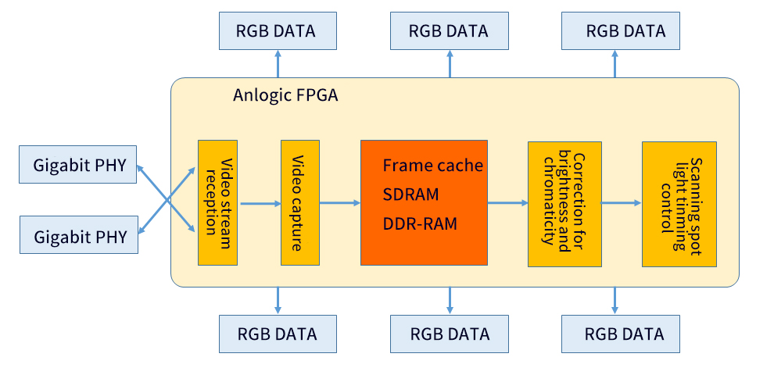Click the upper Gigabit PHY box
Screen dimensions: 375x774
click(x=78, y=166)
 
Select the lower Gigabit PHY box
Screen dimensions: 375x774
click(x=78, y=236)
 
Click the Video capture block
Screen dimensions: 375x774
click(x=299, y=202)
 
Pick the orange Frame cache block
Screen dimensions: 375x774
click(x=424, y=202)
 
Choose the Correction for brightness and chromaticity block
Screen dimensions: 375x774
click(x=564, y=203)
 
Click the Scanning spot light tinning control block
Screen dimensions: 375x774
click(x=679, y=203)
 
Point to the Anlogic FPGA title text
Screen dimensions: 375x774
click(x=285, y=95)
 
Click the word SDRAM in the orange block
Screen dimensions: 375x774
click(x=410, y=194)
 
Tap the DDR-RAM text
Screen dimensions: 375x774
click(x=420, y=223)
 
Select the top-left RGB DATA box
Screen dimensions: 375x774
click(x=278, y=32)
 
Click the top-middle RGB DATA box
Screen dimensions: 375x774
click(x=450, y=32)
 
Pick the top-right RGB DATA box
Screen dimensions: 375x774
click(x=621, y=32)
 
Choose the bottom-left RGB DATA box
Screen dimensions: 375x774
click(x=278, y=334)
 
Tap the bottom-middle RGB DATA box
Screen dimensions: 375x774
click(x=450, y=334)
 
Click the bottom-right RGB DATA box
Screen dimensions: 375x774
click(x=621, y=334)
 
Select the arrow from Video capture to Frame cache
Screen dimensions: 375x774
click(x=339, y=203)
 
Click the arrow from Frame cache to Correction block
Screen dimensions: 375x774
click(x=507, y=203)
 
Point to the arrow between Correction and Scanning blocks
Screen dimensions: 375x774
click(x=622, y=203)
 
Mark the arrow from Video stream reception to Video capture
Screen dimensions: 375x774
click(x=260, y=204)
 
